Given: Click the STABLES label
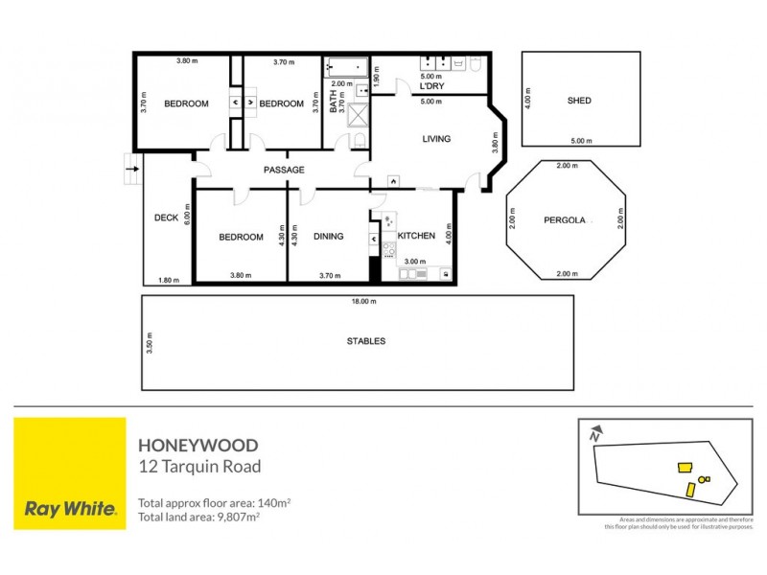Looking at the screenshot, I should tap(365, 341).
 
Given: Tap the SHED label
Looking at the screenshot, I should tap(579, 101).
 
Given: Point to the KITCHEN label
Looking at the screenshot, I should tap(416, 236).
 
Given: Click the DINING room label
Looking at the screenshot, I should tap(328, 237).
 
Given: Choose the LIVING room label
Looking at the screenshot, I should tap(436, 139).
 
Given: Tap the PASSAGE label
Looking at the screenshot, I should tap(284, 170).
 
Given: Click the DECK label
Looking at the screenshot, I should tap(166, 218).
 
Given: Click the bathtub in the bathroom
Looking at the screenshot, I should tap(347, 67).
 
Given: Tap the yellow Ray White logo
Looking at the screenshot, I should tap(70, 472).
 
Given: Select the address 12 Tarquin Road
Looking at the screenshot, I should tap(199, 467).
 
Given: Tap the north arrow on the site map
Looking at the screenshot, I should tap(595, 432).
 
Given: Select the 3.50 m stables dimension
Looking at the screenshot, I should tap(150, 343).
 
